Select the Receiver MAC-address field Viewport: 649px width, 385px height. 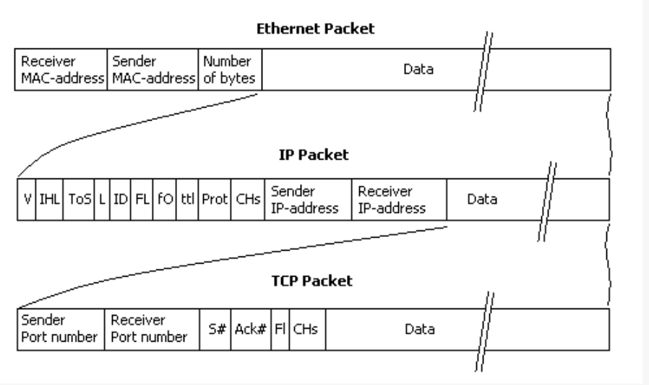coord(61,69)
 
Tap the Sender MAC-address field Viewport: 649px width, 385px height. coord(153,69)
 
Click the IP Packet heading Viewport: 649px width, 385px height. coord(314,155)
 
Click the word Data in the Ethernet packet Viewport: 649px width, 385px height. coord(418,69)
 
